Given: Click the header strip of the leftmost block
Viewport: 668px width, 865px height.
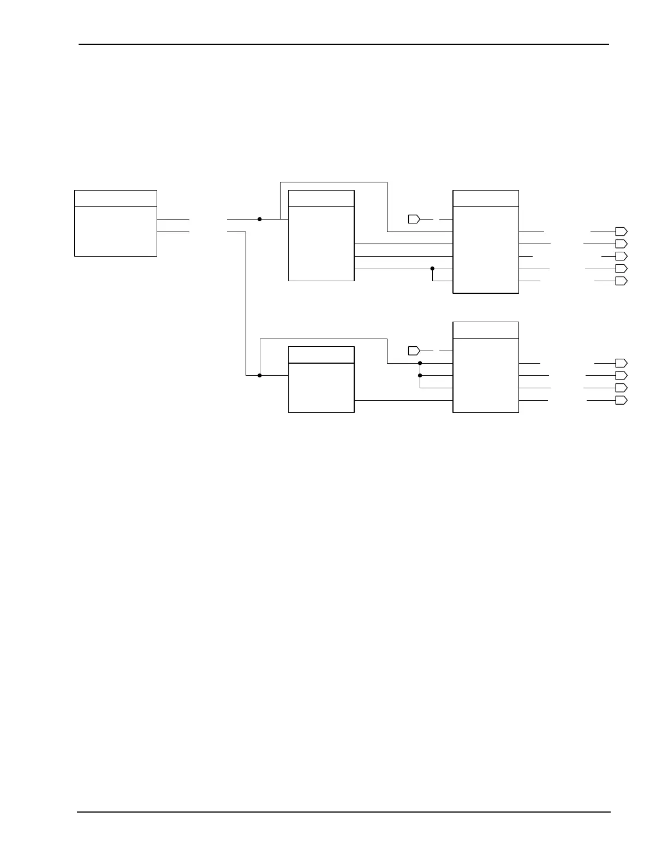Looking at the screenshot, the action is pyautogui.click(x=115, y=198).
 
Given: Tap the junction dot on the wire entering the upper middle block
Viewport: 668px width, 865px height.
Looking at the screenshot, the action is pyautogui.click(x=260, y=219).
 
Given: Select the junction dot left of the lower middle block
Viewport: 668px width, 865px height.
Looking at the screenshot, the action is pyautogui.click(x=260, y=375).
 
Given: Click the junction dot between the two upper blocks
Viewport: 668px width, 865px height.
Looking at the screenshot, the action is pyautogui.click(x=432, y=269).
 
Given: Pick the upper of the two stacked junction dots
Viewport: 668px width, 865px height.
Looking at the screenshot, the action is pyautogui.click(x=420, y=363).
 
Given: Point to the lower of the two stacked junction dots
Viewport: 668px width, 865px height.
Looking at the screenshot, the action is pyautogui.click(x=420, y=375).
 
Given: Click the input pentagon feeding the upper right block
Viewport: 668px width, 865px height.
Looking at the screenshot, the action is pyautogui.click(x=414, y=219).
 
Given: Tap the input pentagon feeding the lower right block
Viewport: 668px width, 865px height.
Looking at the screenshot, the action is pyautogui.click(x=414, y=350).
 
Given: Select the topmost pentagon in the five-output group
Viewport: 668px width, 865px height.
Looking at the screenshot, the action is pyautogui.click(x=621, y=232).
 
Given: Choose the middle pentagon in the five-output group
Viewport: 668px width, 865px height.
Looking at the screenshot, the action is pyautogui.click(x=621, y=256).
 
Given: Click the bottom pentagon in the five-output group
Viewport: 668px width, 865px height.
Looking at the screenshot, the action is pyautogui.click(x=621, y=281).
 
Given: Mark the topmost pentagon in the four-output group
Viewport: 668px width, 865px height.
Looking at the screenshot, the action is pyautogui.click(x=621, y=363).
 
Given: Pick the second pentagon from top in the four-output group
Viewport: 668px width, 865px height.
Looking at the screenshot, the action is pyautogui.click(x=621, y=375).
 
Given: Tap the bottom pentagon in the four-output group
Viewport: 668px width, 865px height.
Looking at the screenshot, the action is pyautogui.click(x=621, y=400).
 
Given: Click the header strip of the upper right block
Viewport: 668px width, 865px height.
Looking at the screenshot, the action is pyautogui.click(x=486, y=198).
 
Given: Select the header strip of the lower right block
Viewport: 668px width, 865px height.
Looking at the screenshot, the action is pyautogui.click(x=486, y=330).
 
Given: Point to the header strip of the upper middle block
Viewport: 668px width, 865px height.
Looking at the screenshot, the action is pyautogui.click(x=321, y=198).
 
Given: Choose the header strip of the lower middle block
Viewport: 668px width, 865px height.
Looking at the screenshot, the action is pyautogui.click(x=321, y=354).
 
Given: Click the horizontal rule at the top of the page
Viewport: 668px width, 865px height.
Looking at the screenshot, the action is pyautogui.click(x=344, y=44).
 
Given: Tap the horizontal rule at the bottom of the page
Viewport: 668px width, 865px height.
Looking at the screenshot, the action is pyautogui.click(x=344, y=812).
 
